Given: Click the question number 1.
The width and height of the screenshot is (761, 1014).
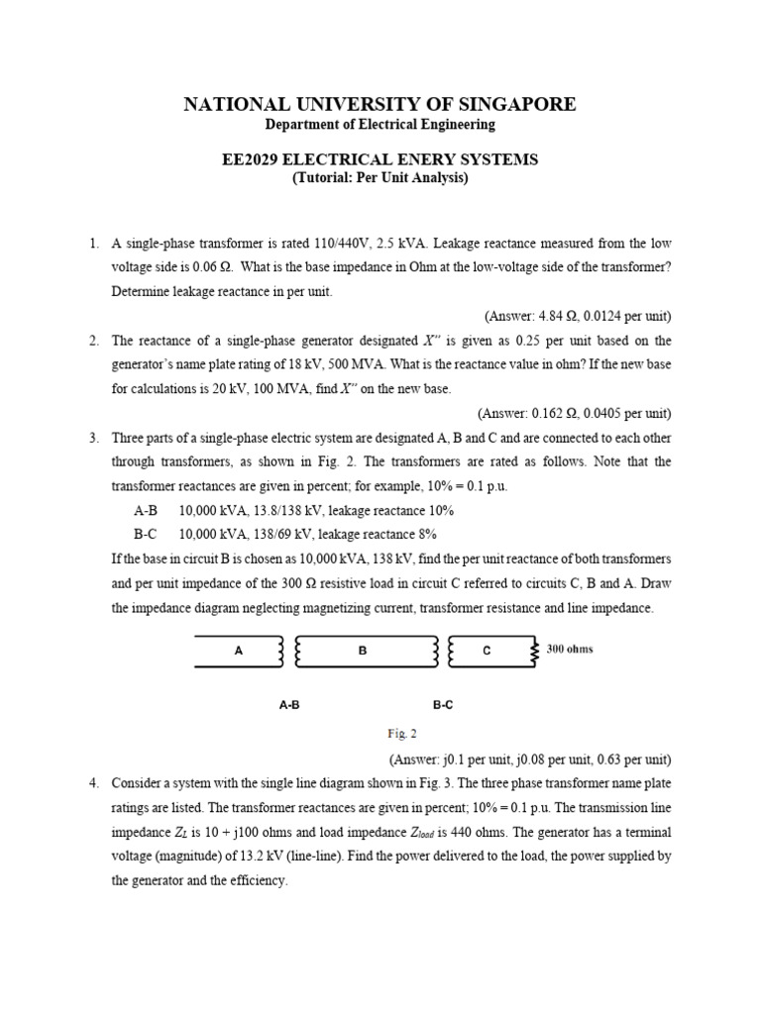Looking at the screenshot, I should (x=93, y=244).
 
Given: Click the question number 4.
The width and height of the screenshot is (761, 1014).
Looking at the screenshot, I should (x=93, y=783).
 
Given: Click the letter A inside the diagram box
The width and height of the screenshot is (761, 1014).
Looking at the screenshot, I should (x=238, y=651).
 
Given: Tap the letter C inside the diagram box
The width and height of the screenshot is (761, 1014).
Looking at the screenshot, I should (x=486, y=651).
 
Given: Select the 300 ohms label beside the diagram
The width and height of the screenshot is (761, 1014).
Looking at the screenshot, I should (x=570, y=650).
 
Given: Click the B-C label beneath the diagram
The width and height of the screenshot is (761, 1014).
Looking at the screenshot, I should (x=443, y=705).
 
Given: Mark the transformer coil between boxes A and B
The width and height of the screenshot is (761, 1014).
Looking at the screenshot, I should (x=288, y=651).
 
